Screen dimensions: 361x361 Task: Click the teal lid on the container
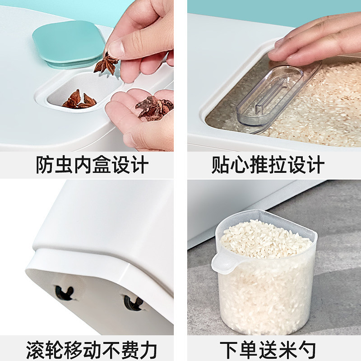tap(69, 44)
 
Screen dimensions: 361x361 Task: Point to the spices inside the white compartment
tap(79, 99)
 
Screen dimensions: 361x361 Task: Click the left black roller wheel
tap(65, 293)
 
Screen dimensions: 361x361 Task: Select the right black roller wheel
tap(133, 303)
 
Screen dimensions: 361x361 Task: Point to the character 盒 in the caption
tap(102, 164)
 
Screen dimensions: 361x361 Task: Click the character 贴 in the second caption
tap(221, 164)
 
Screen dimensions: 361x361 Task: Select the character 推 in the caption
tap(258, 164)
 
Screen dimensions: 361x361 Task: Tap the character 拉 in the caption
tap(278, 164)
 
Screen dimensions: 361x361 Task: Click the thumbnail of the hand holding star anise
tap(87, 76)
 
